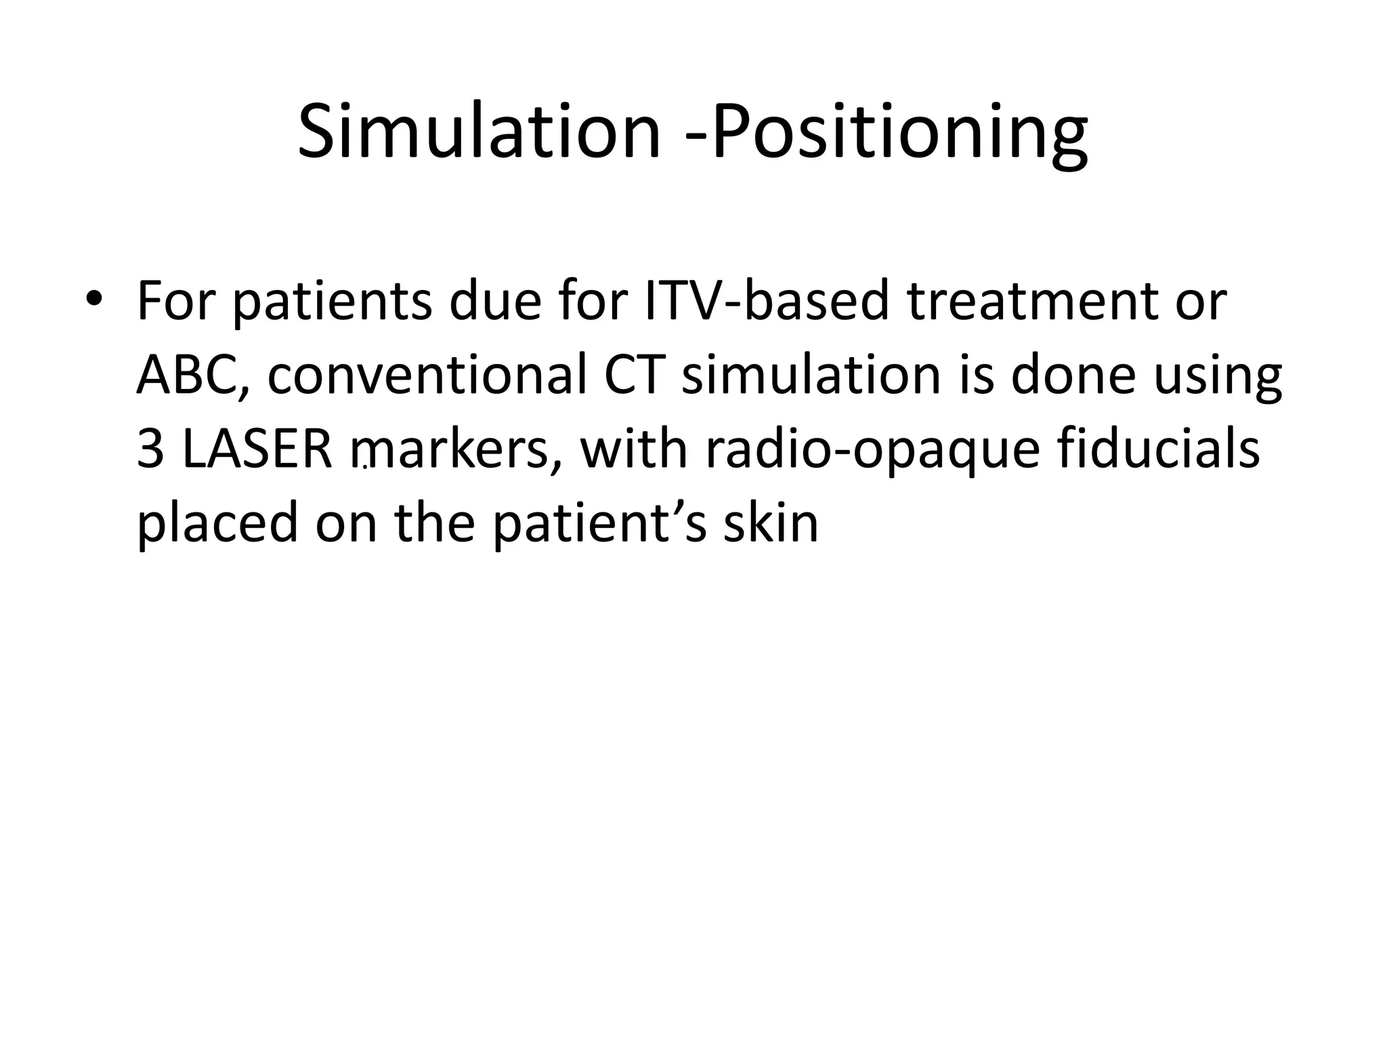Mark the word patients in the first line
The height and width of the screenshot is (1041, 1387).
coord(332,302)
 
